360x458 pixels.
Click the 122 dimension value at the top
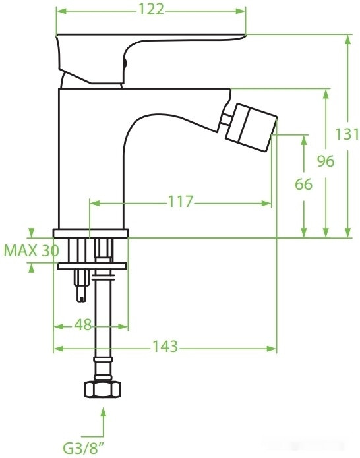(151, 10)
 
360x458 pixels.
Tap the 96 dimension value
(324, 161)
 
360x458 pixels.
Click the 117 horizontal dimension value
(180, 202)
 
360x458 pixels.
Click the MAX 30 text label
(30, 251)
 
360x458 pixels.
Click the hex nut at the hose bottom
(104, 388)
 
